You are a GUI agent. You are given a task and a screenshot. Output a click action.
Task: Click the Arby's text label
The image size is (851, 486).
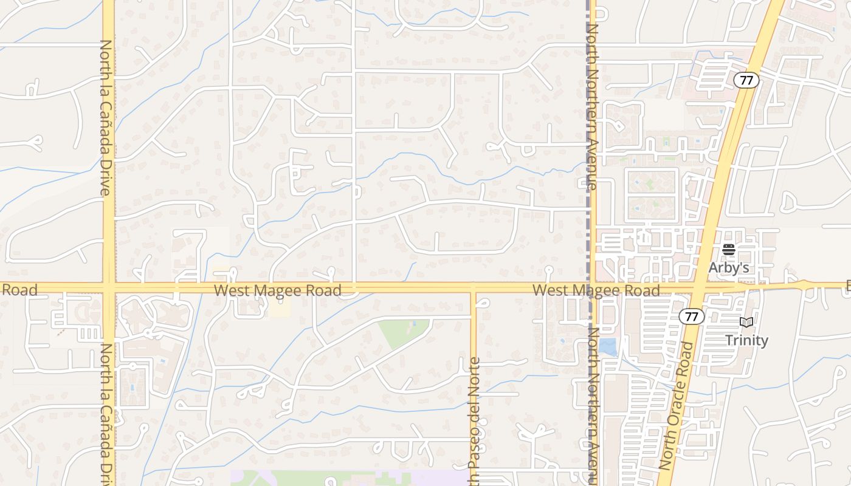click(x=728, y=267)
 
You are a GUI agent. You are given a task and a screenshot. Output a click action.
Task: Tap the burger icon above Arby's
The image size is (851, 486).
click(x=729, y=250)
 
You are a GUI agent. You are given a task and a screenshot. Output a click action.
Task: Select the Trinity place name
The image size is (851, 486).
click(x=746, y=340)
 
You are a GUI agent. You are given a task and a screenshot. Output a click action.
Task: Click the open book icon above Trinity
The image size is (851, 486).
click(x=746, y=323)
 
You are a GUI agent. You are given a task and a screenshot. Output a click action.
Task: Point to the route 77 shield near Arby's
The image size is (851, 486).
click(x=746, y=80)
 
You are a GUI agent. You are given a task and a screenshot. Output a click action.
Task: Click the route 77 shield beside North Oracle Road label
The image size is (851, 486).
click(x=692, y=316)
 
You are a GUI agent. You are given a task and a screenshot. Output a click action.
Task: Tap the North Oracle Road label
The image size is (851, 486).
click(x=676, y=405)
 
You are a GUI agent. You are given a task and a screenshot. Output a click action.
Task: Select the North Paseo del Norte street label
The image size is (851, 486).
click(x=475, y=419)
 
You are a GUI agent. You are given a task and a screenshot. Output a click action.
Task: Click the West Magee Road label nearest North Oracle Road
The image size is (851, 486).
click(x=596, y=291)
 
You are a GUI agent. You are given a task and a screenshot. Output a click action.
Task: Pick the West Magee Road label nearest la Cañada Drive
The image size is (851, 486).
click(x=277, y=291)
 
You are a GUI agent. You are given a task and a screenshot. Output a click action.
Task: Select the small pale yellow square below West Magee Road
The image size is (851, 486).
click(x=280, y=308)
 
